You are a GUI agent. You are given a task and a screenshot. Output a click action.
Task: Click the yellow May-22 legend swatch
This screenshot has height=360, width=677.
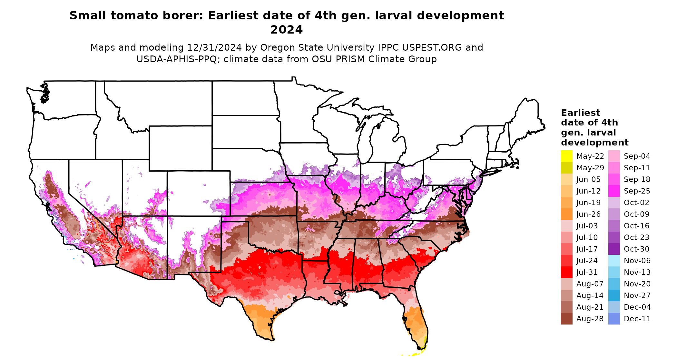(566, 156)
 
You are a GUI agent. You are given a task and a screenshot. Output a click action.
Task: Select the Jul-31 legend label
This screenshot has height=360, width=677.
(587, 272)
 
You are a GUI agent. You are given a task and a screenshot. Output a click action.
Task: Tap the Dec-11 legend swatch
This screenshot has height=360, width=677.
(614, 319)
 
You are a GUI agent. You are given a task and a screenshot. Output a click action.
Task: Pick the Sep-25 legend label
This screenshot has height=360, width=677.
(637, 191)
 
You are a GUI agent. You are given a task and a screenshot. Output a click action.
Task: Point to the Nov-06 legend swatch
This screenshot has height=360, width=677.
(614, 261)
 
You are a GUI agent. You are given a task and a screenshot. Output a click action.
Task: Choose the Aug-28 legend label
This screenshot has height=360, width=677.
(590, 319)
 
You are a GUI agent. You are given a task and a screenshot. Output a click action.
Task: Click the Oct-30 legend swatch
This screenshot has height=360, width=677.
(614, 249)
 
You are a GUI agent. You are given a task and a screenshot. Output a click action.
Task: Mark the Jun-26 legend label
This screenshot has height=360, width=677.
(588, 214)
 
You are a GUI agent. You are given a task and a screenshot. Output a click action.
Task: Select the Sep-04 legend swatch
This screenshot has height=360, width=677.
(614, 156)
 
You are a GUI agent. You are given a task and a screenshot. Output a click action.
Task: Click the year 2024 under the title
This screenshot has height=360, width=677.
(286, 30)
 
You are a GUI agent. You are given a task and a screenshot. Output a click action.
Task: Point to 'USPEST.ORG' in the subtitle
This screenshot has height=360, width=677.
(432, 47)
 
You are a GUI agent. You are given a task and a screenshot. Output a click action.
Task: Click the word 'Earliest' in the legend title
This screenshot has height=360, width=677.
(580, 113)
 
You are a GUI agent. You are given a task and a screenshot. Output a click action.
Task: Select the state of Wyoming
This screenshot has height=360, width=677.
(180, 148)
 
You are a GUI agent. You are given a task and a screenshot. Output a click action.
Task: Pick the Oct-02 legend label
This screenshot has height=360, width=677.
(636, 203)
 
